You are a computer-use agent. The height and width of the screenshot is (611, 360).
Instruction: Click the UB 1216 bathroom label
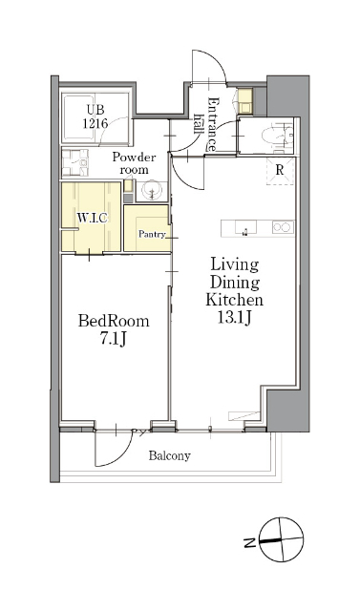95,116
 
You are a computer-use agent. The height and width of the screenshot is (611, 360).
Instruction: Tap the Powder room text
134,163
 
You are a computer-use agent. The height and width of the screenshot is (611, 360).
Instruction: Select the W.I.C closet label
92,218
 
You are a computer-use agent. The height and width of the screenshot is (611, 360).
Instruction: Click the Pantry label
152,234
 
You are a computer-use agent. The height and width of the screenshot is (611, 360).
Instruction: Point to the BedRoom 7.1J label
114,330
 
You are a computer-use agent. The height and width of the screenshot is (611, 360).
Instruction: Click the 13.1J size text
234,318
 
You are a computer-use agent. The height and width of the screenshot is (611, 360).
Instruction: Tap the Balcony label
169,455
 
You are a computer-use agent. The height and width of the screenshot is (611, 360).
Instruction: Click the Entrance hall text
206,124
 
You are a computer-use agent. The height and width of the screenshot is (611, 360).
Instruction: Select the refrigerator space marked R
280,170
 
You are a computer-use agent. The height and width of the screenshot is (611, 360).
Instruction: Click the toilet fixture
276,136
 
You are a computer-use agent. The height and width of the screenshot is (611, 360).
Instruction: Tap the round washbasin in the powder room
152,191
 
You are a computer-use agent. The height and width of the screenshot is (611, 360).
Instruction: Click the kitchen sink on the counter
245,228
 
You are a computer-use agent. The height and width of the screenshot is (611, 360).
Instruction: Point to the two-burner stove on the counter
283,227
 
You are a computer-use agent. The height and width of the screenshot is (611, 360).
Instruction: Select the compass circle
282,539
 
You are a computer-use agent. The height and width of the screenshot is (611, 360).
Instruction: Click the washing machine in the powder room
74,162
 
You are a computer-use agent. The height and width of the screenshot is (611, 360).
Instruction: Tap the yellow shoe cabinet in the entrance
245,100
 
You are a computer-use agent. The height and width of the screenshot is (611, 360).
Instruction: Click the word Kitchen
235,300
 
